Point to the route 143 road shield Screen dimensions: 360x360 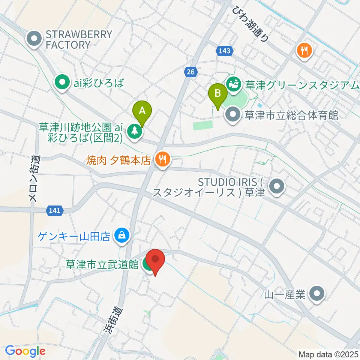[225, 51]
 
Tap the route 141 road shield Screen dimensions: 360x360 [54, 211]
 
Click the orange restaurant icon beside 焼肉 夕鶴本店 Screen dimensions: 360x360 [162, 160]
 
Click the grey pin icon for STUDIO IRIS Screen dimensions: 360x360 [277, 186]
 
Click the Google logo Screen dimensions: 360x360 [25, 351]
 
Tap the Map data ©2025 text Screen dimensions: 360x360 [327, 354]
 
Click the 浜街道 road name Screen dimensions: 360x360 [111, 320]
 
